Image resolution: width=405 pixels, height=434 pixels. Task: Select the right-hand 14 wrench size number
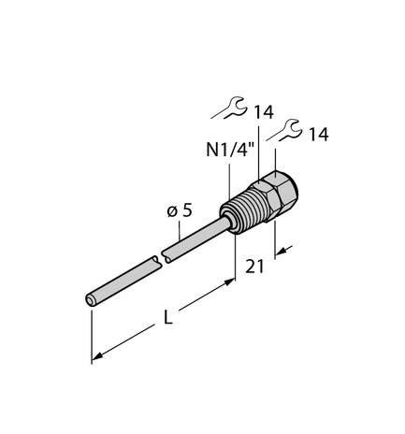319,136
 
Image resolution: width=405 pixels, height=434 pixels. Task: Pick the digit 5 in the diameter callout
187,210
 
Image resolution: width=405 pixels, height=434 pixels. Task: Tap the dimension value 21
253,267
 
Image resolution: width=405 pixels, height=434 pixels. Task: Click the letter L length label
168,318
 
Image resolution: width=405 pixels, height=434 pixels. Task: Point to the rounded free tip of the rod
91,299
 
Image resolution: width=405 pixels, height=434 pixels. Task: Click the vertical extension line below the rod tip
91,332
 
